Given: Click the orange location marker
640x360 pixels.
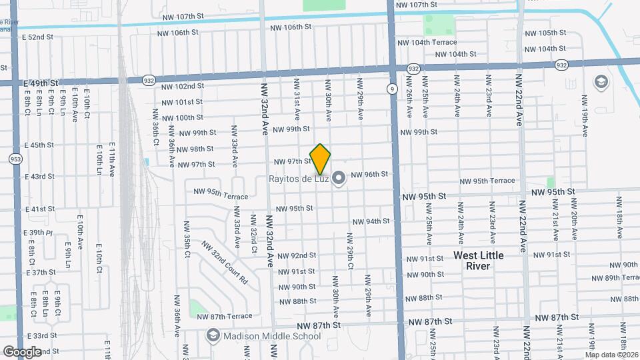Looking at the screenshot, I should (x=321, y=159).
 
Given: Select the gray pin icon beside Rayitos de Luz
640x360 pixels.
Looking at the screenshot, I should (x=339, y=178).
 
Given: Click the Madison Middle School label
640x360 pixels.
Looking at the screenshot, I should (x=273, y=336).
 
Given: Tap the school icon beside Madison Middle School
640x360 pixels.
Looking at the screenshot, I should (x=213, y=336).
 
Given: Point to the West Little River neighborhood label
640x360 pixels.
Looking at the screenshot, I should (x=479, y=261).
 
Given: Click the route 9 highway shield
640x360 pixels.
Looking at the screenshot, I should (x=393, y=88).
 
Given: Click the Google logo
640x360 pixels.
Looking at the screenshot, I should (x=22, y=351).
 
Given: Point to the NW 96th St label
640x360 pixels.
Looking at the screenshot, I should (x=369, y=175).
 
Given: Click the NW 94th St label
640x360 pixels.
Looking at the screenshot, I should (x=371, y=221).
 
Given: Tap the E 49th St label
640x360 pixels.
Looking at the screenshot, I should (x=41, y=83).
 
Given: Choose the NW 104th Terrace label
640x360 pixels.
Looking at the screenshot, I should (x=434, y=42).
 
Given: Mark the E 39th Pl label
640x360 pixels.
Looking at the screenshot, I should (x=39, y=233).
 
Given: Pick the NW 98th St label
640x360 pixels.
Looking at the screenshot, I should (x=195, y=149).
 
